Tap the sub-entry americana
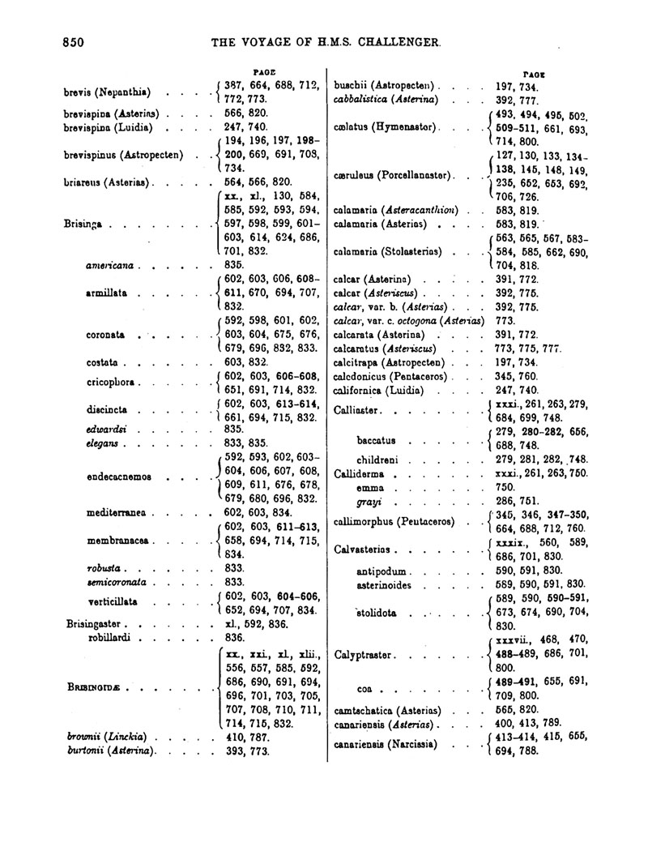tap(111, 264)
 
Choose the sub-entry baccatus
tap(375, 441)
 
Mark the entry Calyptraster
tap(364, 654)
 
